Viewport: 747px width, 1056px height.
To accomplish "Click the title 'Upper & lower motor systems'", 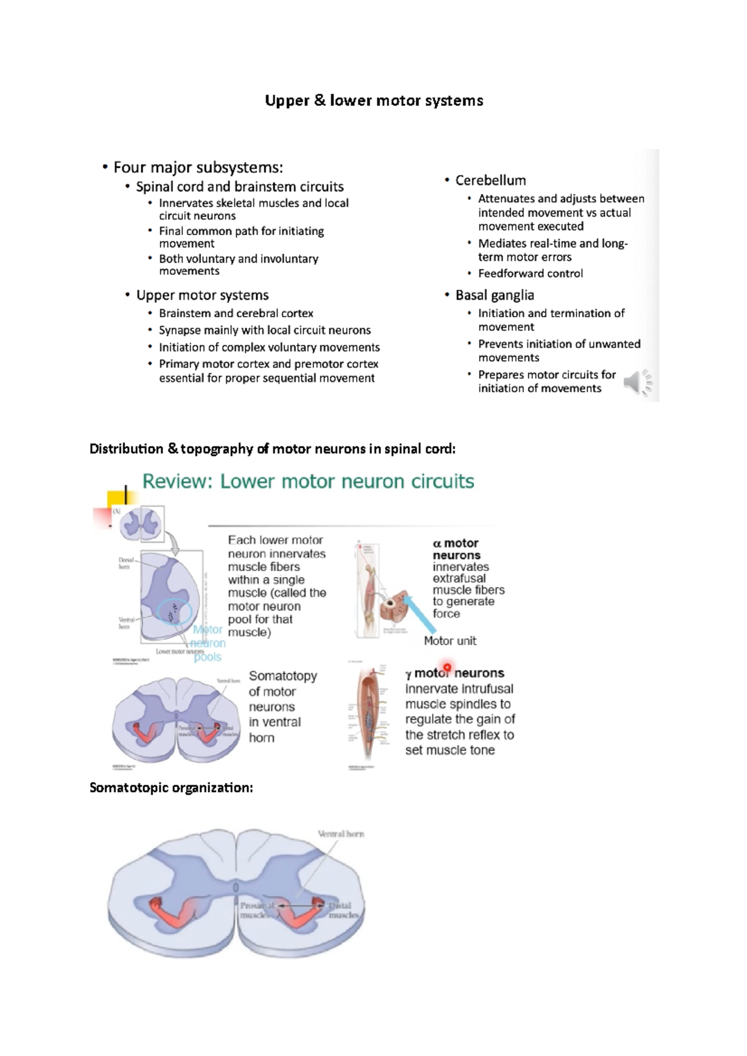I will [x=374, y=101].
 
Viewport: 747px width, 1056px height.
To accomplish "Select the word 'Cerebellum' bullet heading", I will [x=491, y=180].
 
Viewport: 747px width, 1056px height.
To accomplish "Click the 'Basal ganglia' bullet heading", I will [x=494, y=295].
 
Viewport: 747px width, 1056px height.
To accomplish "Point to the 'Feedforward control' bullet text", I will [x=530, y=274].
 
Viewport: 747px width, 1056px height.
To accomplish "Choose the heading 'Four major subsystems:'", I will [x=198, y=167].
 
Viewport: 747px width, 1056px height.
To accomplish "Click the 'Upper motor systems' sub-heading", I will [x=202, y=295].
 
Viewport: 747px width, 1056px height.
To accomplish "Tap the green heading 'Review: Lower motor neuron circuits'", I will [x=308, y=481].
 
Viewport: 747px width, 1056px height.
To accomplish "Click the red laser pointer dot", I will [x=447, y=667].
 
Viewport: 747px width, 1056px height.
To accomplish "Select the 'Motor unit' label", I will [x=449, y=641].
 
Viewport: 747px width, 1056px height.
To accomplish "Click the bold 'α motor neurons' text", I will [x=456, y=549].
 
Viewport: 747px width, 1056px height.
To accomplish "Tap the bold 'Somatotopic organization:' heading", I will [x=171, y=788].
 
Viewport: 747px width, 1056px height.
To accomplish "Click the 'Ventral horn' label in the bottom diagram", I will [x=341, y=834].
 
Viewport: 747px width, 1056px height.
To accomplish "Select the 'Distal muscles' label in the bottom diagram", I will [x=343, y=910].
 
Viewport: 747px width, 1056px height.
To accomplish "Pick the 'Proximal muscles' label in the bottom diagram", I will [x=256, y=910].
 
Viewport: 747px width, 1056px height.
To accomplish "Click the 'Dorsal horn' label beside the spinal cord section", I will [x=126, y=563].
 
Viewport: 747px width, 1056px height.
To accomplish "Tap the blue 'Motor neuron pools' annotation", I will [x=207, y=644].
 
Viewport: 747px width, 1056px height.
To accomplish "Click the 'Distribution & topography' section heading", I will [x=273, y=449].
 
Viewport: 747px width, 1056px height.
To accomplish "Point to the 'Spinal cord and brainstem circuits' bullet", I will [x=240, y=187].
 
